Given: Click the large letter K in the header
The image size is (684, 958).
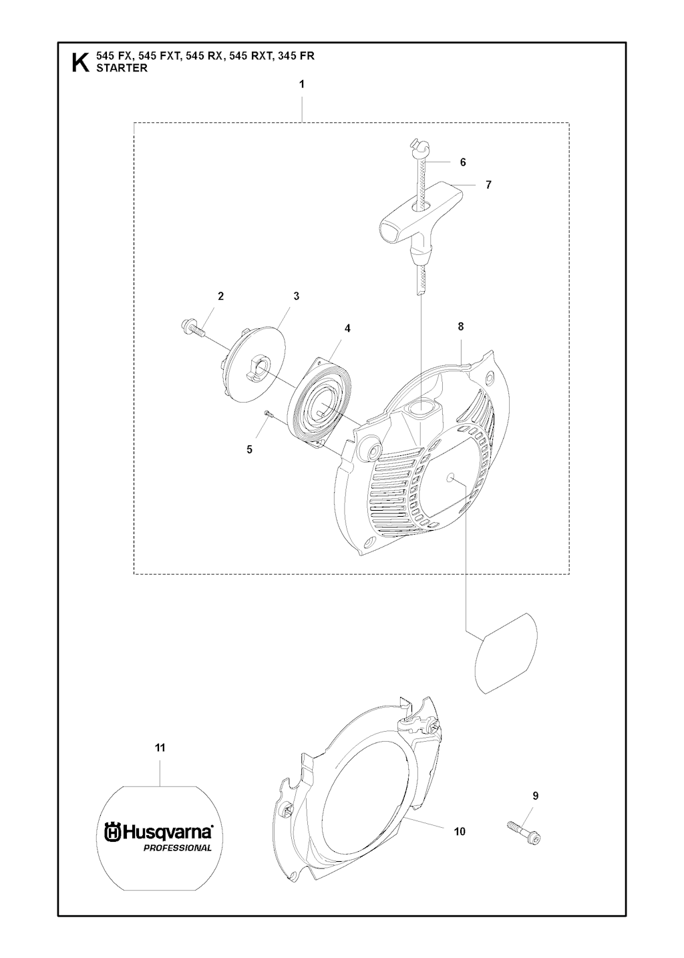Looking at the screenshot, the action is pyautogui.click(x=81, y=63).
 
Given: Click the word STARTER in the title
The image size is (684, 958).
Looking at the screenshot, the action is pyautogui.click(x=122, y=68).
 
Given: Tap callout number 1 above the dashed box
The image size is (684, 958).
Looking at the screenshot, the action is pyautogui.click(x=302, y=85).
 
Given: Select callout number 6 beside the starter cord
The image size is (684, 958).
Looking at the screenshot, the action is pyautogui.click(x=463, y=162).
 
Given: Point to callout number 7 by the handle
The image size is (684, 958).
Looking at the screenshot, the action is pyautogui.click(x=488, y=185).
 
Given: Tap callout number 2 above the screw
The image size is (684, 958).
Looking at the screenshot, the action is pyautogui.click(x=220, y=296).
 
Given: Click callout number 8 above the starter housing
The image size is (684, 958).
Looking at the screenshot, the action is pyautogui.click(x=461, y=326).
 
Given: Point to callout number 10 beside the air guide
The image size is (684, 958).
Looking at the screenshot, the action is pyautogui.click(x=460, y=831).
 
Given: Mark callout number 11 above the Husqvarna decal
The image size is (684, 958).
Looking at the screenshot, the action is pyautogui.click(x=160, y=748).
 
